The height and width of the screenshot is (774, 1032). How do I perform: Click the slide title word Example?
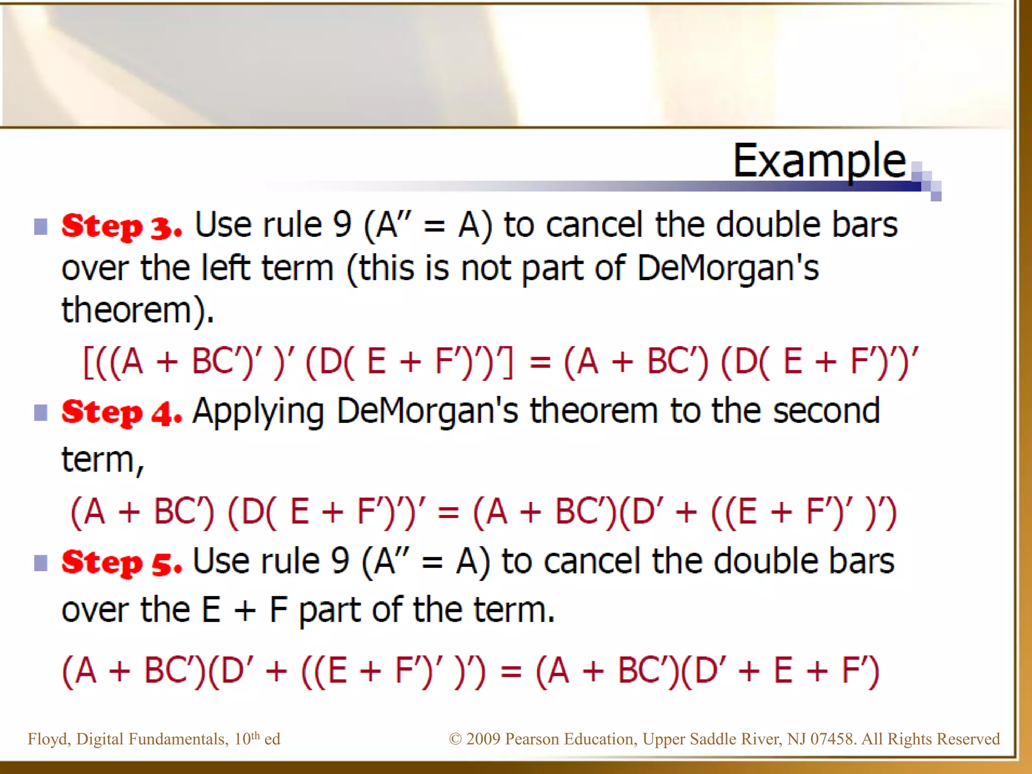click(x=819, y=161)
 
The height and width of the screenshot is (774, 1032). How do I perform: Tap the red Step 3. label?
click(x=121, y=226)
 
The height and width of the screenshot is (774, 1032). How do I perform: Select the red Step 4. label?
click(x=121, y=413)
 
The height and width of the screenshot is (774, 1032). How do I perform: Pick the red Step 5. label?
click(x=121, y=562)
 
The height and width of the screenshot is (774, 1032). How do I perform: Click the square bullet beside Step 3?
click(x=41, y=227)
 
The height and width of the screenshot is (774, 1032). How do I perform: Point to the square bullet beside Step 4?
click(x=41, y=413)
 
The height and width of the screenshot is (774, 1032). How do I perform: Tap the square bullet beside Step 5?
click(x=41, y=563)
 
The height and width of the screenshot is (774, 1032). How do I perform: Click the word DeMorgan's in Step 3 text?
click(x=728, y=268)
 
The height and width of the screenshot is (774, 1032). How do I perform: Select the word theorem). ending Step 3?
click(x=138, y=310)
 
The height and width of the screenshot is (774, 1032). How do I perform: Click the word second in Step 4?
click(x=826, y=411)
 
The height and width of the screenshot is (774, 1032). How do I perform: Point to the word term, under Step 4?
click(x=103, y=460)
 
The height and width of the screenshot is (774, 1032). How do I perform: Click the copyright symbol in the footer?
click(x=455, y=739)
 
